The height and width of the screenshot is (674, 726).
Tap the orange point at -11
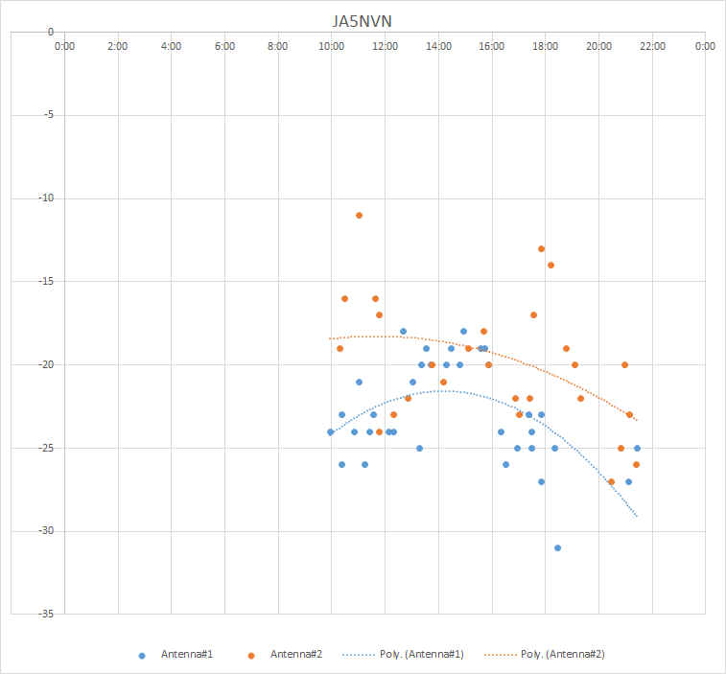(359, 215)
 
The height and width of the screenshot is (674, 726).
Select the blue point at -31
(557, 547)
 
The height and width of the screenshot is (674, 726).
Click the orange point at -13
(541, 248)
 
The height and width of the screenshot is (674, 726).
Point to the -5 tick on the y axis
(48, 115)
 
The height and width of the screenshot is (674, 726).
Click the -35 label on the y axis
(45, 613)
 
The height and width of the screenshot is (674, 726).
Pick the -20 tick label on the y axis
(45, 364)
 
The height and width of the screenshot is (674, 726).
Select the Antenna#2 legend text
(296, 654)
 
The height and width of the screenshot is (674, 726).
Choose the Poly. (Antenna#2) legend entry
(563, 654)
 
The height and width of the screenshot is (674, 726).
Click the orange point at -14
(550, 265)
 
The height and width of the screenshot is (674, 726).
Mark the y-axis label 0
(50, 32)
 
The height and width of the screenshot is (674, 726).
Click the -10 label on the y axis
(45, 198)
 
